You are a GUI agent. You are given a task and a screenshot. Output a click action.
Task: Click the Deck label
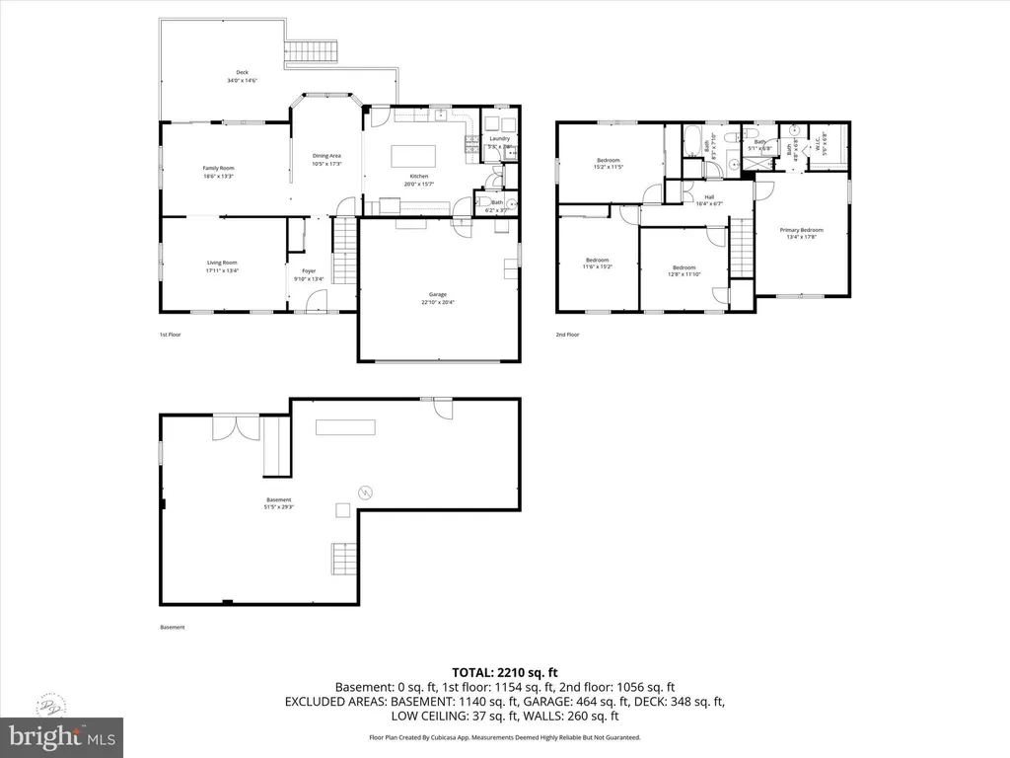pyautogui.click(x=241, y=76)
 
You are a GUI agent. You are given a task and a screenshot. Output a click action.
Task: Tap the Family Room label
pyautogui.click(x=218, y=172)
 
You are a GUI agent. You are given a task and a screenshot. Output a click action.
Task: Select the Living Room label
pyautogui.click(x=221, y=265)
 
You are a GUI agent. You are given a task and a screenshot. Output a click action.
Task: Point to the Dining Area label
pyautogui.click(x=326, y=159)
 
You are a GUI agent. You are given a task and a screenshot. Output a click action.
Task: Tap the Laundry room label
pyautogui.click(x=500, y=142)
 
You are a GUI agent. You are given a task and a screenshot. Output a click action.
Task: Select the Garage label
pyautogui.click(x=438, y=298)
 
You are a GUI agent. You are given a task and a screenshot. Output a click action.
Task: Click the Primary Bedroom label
pyautogui.click(x=804, y=233)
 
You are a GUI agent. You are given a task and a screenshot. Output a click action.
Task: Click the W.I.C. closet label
pyautogui.click(x=817, y=145)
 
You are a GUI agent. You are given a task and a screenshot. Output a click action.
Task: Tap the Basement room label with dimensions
pyautogui.click(x=278, y=503)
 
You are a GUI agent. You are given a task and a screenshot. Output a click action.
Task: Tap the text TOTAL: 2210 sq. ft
pyautogui.click(x=504, y=671)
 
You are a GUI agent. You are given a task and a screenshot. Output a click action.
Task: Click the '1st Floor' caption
pyautogui.click(x=170, y=335)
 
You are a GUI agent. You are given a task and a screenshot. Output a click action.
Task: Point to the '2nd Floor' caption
pyautogui.click(x=566, y=335)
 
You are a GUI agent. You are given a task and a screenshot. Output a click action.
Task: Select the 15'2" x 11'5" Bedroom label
pyautogui.click(x=609, y=164)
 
